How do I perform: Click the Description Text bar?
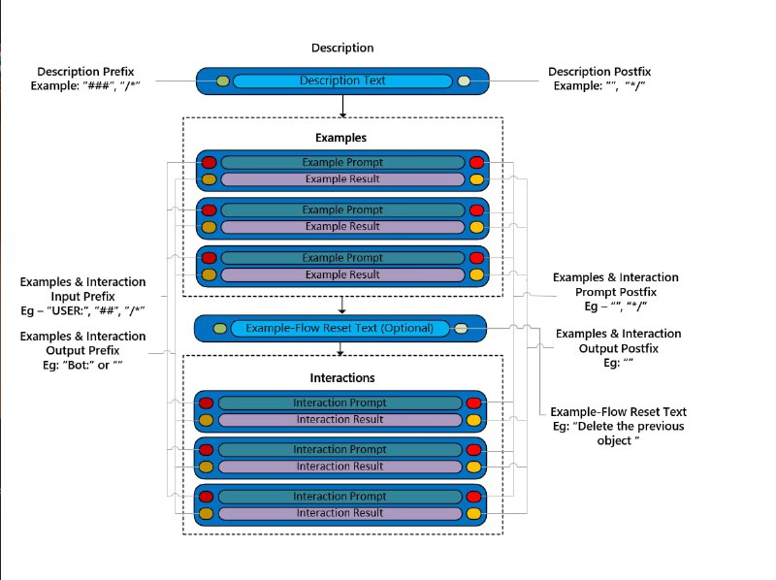[x=341, y=81]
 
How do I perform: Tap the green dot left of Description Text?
[x=223, y=81]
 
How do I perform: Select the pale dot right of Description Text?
[x=464, y=81]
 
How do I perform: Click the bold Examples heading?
[x=340, y=139]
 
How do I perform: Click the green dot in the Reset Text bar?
[x=221, y=328]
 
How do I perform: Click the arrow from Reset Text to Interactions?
[x=342, y=348]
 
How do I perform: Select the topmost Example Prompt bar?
[x=341, y=162]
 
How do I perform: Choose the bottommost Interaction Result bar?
[x=339, y=513]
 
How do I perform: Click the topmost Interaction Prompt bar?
[x=339, y=403]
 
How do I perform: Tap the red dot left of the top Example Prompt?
[x=209, y=162]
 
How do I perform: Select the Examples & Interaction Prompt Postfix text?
[x=615, y=291]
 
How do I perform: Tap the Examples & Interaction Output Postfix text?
[x=618, y=347]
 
